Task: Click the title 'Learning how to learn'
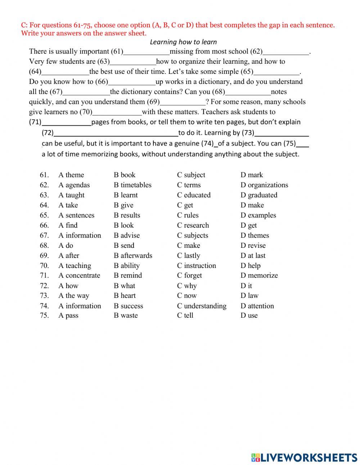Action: click(x=183, y=42)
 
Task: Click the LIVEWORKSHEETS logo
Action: click(x=304, y=457)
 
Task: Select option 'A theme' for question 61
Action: click(x=71, y=175)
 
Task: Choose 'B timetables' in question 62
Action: click(x=132, y=185)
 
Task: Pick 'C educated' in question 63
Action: click(x=194, y=195)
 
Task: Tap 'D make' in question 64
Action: click(x=252, y=205)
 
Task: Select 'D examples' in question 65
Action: click(x=258, y=215)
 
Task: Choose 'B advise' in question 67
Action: click(x=127, y=236)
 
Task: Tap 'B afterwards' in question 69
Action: click(x=133, y=256)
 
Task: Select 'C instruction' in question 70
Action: click(x=196, y=266)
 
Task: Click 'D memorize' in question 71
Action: click(x=259, y=276)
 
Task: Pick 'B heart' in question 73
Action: click(x=125, y=296)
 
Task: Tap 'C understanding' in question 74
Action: click(x=202, y=306)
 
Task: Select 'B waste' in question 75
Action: click(x=126, y=316)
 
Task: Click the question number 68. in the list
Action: click(x=44, y=246)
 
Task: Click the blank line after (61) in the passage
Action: click(x=146, y=53)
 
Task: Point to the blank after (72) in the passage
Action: click(x=116, y=134)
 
